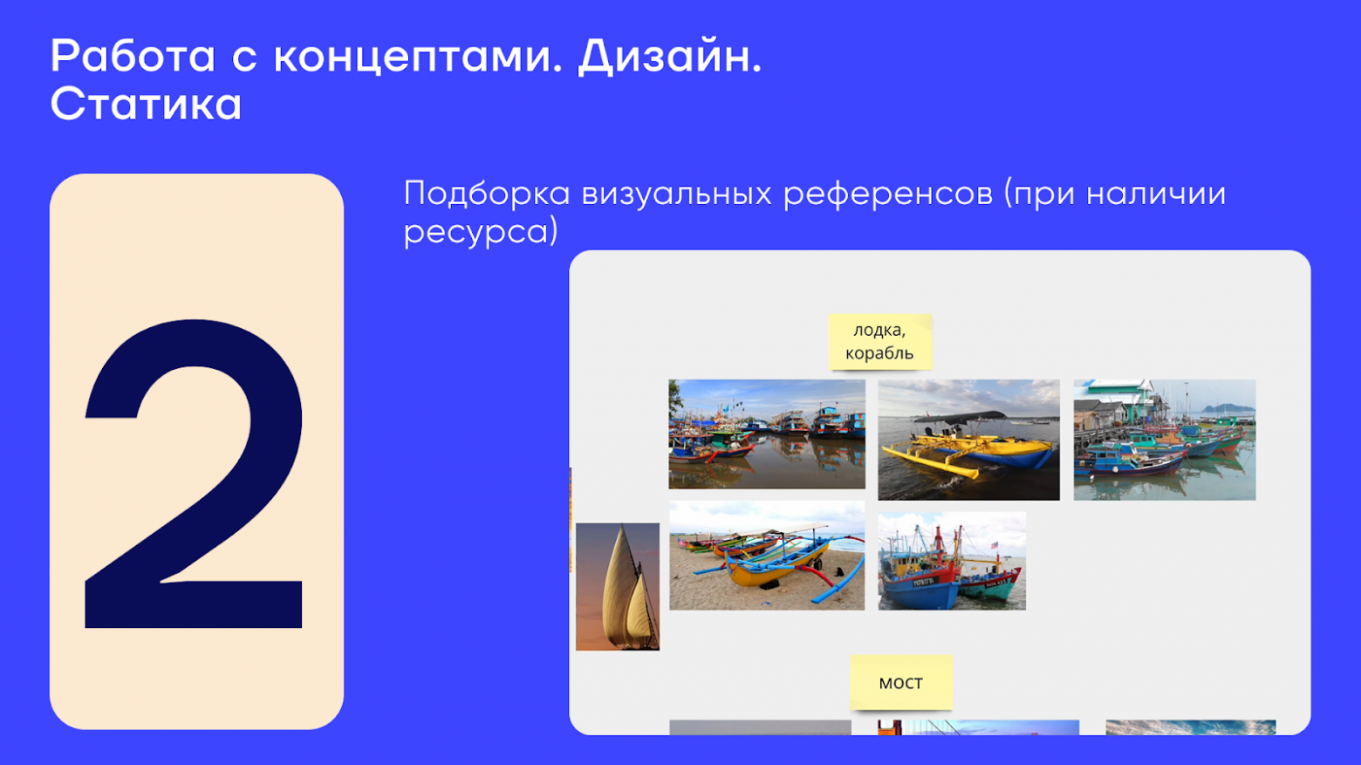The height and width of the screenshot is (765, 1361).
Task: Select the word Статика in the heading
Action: (146, 105)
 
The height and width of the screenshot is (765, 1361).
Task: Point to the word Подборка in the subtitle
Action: (487, 194)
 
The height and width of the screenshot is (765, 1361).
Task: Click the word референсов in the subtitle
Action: (887, 194)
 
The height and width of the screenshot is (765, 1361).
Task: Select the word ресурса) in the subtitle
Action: (481, 232)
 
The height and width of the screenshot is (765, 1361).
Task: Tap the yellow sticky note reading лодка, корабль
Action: (879, 341)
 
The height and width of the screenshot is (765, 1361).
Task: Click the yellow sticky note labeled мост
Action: (900, 682)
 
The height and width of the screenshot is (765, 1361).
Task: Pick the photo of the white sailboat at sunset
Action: (618, 586)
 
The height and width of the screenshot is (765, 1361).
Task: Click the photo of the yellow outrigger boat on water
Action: (968, 440)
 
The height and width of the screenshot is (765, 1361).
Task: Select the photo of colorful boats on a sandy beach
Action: (767, 556)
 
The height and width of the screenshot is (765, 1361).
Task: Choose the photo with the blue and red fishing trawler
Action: (952, 561)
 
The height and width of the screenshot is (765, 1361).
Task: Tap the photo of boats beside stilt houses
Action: (1164, 440)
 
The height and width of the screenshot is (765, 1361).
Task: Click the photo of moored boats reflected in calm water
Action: (767, 434)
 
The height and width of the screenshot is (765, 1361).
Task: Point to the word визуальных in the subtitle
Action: (676, 194)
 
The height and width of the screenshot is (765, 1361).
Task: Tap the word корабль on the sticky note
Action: (879, 353)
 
